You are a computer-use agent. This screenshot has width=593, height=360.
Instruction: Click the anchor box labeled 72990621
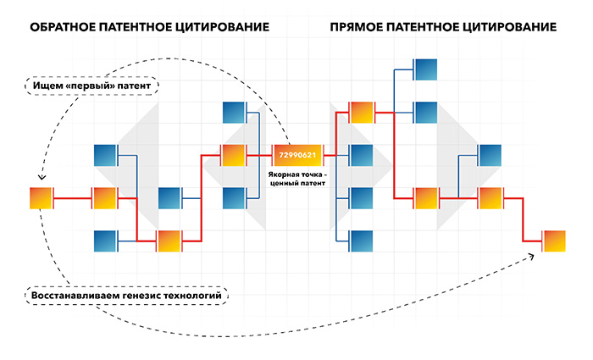297,155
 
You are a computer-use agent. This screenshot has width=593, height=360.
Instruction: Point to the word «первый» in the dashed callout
90,86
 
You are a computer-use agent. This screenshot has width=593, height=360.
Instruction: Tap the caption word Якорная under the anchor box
283,174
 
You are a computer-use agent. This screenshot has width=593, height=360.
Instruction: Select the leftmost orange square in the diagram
41,197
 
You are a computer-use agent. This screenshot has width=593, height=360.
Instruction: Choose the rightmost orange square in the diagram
555,241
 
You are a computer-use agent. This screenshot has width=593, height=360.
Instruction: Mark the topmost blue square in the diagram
426,69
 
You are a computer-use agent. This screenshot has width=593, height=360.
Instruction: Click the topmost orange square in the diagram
362,113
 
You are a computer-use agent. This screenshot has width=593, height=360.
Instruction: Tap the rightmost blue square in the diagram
490,155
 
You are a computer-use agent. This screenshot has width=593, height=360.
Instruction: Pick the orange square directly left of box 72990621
233,155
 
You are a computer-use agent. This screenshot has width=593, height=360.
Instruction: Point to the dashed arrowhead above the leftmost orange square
42,176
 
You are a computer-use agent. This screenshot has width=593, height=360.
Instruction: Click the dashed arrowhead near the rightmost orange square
531,257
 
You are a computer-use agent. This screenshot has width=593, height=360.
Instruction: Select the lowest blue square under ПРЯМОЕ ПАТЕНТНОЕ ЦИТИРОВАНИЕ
362,241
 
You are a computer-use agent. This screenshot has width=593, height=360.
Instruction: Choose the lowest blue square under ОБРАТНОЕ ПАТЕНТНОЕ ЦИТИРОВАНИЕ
105,241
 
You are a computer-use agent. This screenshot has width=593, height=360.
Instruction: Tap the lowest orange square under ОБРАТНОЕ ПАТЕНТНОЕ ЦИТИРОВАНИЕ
169,241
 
